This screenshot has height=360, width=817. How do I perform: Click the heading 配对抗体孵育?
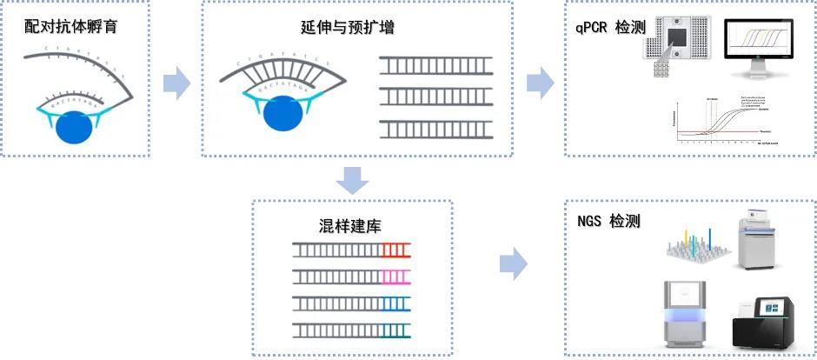tap(71, 27)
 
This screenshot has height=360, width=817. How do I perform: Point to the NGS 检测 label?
tap(608, 222)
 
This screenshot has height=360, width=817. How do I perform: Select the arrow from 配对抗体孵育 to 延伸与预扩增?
tap(176, 83)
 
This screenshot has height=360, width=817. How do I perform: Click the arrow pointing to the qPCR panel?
tap(540, 83)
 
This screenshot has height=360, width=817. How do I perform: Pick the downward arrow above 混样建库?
tap(352, 180)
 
